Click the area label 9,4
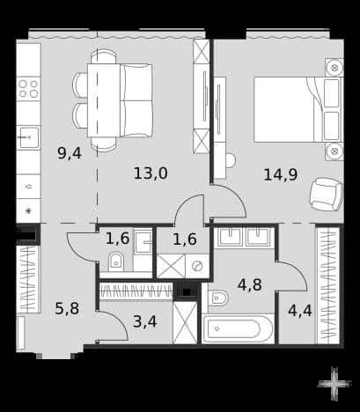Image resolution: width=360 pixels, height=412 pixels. [x=70, y=153]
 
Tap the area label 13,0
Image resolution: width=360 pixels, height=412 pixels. [x=151, y=173]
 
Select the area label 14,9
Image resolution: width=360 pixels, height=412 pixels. [x=281, y=174]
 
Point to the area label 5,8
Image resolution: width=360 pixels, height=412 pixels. [x=67, y=308]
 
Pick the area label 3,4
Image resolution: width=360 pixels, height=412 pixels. [x=145, y=321]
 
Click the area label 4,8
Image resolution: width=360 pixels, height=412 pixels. [x=250, y=284]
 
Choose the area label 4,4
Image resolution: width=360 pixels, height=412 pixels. [x=300, y=311]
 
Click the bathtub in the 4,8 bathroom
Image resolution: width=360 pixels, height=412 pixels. [x=238, y=329]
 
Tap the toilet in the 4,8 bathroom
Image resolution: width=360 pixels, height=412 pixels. [x=217, y=298]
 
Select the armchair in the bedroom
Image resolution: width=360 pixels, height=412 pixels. [x=326, y=195]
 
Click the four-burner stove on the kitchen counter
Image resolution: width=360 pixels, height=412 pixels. [x=28, y=89]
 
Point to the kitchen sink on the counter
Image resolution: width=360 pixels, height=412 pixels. [x=28, y=137]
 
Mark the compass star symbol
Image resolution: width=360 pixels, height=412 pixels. [x=334, y=384]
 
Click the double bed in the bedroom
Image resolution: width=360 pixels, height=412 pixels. [x=298, y=109]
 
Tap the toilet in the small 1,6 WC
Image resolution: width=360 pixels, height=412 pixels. [x=116, y=261]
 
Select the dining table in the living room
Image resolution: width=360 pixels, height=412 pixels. [x=104, y=100]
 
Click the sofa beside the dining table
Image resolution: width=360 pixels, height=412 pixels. [x=136, y=100]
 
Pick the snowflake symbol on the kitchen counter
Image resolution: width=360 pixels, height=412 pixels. [x=28, y=210]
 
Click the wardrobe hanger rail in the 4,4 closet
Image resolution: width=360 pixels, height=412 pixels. [x=327, y=284]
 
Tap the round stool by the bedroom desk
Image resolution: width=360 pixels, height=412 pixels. [x=231, y=160]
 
